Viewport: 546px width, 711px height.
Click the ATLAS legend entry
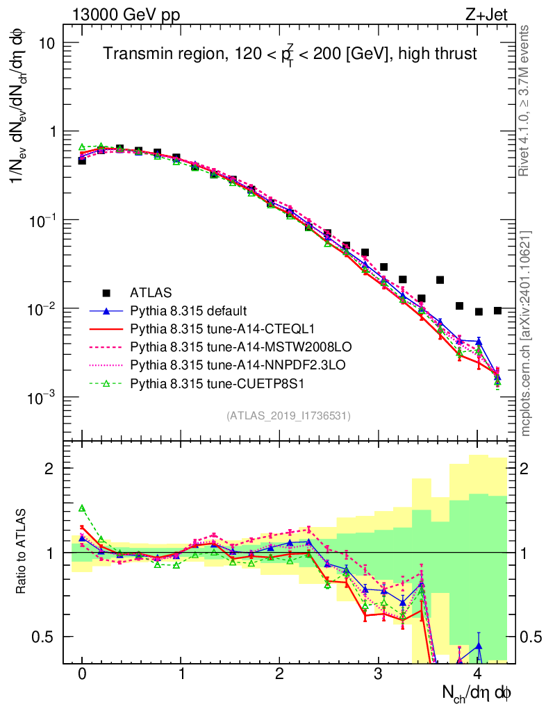click(151, 292)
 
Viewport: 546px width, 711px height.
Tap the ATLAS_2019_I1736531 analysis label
click(288, 416)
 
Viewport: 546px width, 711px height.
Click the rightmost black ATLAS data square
click(497, 310)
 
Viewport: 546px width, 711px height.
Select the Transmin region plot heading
click(290, 54)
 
